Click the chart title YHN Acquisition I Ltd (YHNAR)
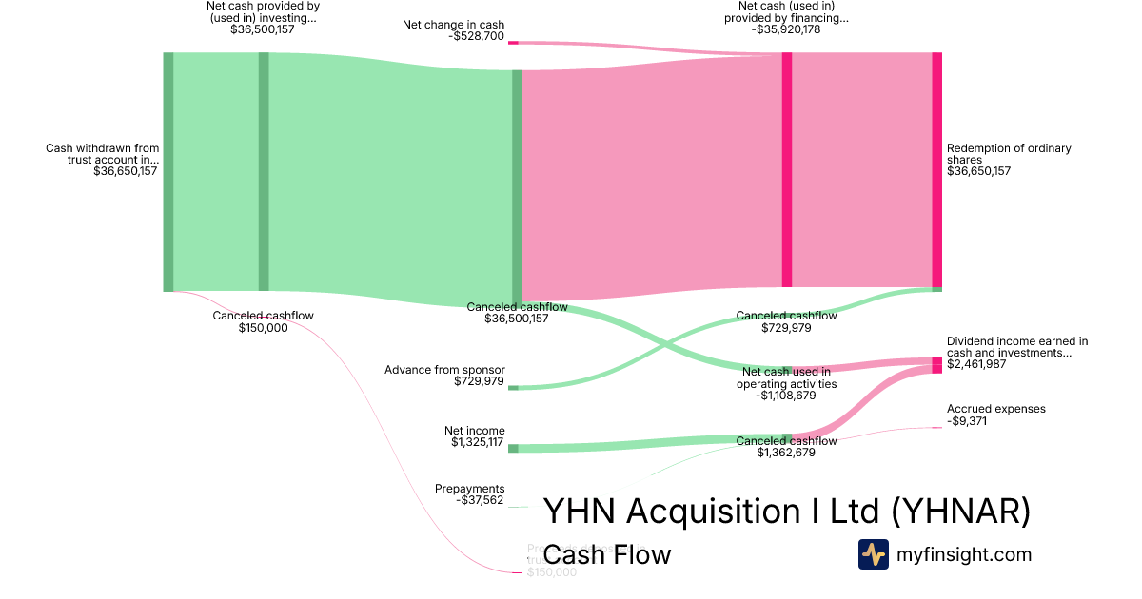pos(786,512)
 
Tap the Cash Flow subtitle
pos(607,554)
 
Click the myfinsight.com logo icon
pos(873,554)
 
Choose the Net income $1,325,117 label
pos(478,436)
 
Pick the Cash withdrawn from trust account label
pos(102,160)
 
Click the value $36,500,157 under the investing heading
pos(262,29)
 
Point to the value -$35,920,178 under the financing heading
pos(785,29)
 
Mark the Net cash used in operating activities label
pos(786,383)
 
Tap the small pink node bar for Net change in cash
pos(513,43)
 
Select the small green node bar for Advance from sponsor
pos(513,388)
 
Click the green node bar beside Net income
pos(513,448)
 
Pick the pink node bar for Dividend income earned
pos(936,365)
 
